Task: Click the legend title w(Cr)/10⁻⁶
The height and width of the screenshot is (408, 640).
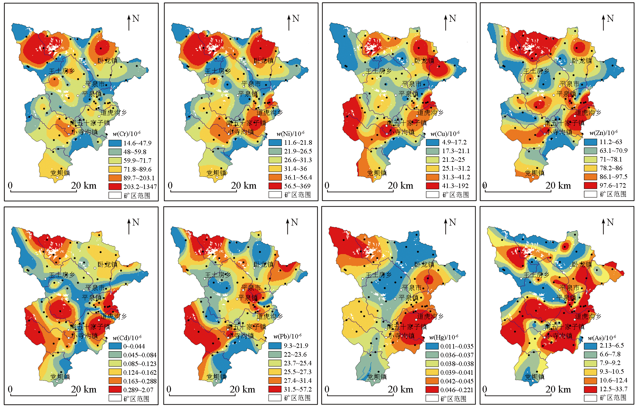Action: tap(126, 134)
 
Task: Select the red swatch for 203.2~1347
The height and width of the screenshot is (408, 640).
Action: tap(115, 186)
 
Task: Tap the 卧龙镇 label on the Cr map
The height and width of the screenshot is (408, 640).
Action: tap(108, 61)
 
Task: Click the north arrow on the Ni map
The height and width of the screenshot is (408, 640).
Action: tap(289, 23)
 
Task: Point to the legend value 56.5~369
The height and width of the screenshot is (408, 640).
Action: tap(297, 186)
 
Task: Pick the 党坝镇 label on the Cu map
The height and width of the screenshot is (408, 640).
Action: tap(377, 173)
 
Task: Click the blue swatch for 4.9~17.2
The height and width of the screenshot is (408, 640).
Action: tap(432, 142)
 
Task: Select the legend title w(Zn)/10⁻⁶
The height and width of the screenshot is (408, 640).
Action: tap(603, 133)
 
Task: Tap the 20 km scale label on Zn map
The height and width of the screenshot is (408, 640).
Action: tap(558, 185)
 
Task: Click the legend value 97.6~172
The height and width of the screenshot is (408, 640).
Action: tap(613, 185)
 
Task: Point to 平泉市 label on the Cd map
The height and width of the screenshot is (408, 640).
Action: tap(95, 288)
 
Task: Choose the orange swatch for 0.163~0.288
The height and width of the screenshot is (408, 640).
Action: tap(115, 381)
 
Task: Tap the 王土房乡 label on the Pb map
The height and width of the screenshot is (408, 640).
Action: tap(218, 275)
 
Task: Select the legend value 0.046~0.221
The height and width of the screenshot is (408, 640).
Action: tap(456, 390)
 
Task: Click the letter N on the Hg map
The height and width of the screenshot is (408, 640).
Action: tap(453, 222)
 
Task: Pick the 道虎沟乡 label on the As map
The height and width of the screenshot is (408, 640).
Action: tap(588, 317)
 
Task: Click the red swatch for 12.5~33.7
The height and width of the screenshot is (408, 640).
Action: tap(590, 389)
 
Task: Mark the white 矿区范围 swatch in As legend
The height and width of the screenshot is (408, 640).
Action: tap(590, 398)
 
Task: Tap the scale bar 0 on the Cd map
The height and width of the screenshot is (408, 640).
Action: tap(10, 389)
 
